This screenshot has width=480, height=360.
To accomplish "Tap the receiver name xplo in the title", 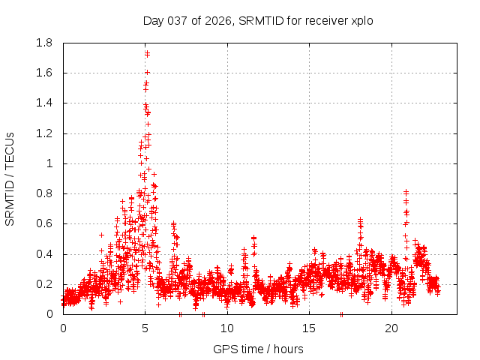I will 361,21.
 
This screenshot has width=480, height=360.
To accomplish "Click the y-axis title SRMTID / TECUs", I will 10,178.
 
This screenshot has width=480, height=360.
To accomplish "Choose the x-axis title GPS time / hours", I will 258,349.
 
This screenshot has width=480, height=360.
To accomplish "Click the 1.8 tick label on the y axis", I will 44,43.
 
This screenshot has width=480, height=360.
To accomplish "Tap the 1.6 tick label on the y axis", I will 44,73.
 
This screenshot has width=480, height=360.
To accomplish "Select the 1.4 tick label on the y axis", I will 44,103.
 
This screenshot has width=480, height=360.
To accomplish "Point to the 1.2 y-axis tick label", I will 44,133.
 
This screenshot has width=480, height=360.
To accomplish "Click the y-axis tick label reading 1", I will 50,163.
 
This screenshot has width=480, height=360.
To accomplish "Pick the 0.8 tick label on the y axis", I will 44,193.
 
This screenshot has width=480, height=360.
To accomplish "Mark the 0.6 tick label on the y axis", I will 44,223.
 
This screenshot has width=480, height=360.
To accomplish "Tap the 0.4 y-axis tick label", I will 44,254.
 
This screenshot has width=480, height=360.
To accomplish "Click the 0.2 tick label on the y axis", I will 44,284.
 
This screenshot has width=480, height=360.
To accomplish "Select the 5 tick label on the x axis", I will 145,328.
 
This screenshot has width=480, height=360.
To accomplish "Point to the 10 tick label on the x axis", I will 227,328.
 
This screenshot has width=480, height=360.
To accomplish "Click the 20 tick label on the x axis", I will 391,328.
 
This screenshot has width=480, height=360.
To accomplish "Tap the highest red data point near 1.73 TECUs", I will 147,53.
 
